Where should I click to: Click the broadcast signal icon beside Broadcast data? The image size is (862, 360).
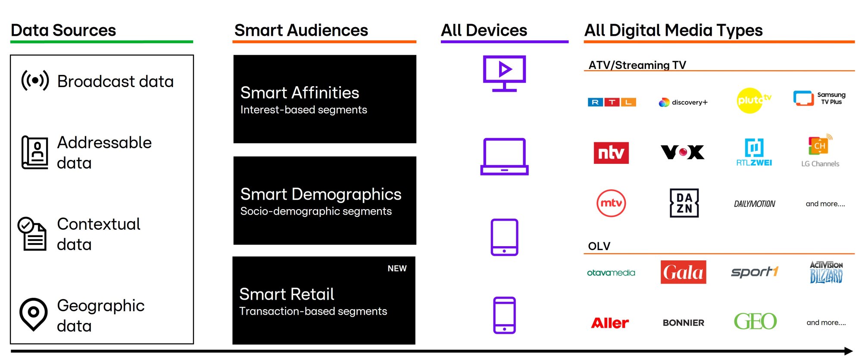click(x=35, y=80)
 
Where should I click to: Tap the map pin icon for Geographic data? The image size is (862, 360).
click(x=33, y=314)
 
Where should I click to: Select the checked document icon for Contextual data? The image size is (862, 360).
click(x=32, y=234)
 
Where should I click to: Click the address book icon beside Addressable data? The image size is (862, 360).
click(x=34, y=152)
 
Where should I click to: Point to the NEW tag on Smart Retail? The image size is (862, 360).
click(x=397, y=269)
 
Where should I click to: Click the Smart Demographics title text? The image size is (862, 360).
click(x=321, y=194)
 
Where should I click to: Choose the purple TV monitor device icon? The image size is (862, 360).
click(x=504, y=73)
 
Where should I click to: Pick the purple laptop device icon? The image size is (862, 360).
click(x=504, y=157)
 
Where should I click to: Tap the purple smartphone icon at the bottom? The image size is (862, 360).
click(x=504, y=315)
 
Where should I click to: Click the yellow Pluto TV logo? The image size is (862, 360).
click(x=753, y=100)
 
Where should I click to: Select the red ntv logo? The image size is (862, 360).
click(x=611, y=153)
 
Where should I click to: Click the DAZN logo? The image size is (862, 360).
click(x=684, y=203)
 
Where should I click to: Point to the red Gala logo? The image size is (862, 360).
click(x=683, y=272)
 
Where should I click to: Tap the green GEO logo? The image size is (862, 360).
click(x=755, y=322)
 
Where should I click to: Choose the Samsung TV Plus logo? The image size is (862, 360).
click(x=819, y=98)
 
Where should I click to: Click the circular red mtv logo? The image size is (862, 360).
click(x=611, y=203)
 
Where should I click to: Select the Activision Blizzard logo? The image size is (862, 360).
click(x=826, y=272)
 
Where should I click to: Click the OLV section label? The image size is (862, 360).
click(x=599, y=246)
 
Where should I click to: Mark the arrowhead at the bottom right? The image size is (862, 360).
click(x=849, y=351)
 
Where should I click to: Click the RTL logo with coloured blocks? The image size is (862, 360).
click(x=612, y=102)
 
